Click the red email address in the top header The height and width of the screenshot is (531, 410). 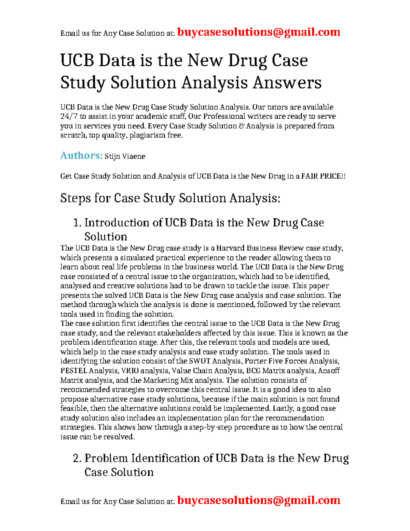tap(259, 32)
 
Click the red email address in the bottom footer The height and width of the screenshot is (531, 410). tap(259, 500)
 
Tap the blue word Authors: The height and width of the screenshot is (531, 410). tap(81, 156)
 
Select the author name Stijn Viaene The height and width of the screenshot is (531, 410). tap(125, 157)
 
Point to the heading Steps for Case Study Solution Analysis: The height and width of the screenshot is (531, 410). tap(170, 198)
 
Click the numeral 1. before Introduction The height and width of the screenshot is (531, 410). tap(77, 223)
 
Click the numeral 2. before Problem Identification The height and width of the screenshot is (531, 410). tap(77, 458)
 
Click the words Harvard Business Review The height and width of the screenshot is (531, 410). tap(260, 248)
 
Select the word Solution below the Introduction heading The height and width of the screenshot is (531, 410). tap(106, 237)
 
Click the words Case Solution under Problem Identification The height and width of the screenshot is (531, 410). tap(119, 472)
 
